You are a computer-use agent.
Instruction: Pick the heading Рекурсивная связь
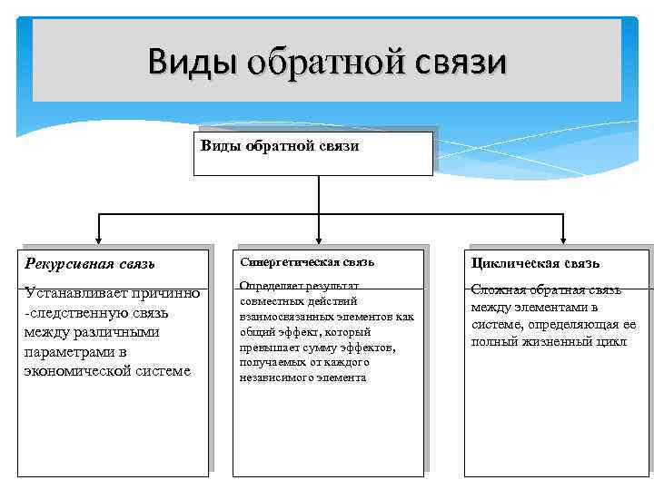[x=90, y=264]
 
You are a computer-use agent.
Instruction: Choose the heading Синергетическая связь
[x=307, y=262]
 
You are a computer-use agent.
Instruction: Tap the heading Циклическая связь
[x=535, y=263]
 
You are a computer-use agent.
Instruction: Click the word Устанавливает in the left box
[x=70, y=293]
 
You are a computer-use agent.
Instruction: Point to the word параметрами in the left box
[x=64, y=351]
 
